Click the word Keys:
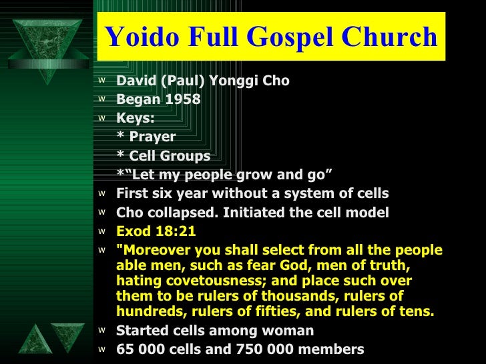coord(136,118)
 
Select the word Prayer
coord(152,137)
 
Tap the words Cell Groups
coord(170,156)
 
